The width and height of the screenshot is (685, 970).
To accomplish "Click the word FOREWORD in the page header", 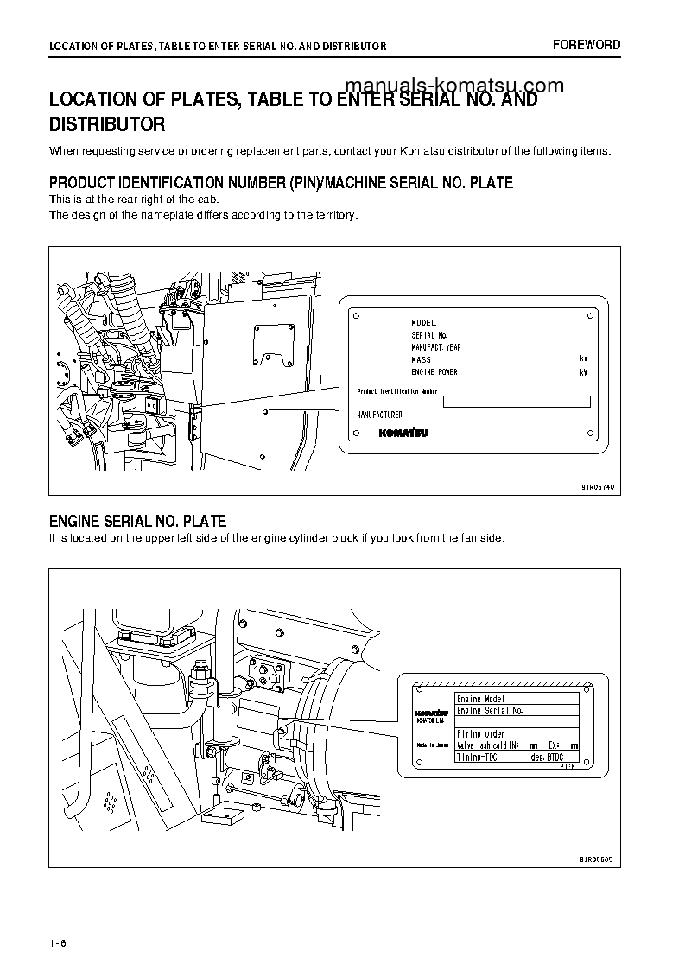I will coord(587,45).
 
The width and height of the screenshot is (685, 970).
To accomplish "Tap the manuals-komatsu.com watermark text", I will coord(454,85).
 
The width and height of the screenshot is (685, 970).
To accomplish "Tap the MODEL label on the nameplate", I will coord(423,322).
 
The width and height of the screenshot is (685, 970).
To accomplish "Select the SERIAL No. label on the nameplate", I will coord(428,334).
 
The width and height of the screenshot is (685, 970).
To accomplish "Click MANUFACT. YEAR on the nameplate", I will coord(436,346).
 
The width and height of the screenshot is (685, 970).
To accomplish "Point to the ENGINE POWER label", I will coord(434,372).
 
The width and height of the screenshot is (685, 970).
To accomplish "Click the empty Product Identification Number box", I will coord(517,401).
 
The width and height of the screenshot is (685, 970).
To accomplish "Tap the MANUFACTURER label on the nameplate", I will coord(380,415).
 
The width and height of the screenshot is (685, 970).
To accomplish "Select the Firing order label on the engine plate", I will coord(480,734).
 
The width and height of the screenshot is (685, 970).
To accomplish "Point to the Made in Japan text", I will coord(433,744).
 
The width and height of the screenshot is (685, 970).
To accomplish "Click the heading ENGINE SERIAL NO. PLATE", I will coord(137,522).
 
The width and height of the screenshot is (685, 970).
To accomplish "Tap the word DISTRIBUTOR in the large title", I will coord(107,124).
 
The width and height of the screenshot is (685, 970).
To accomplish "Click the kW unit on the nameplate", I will coord(583,372).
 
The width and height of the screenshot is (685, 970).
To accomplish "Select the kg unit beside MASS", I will coord(584,358).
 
